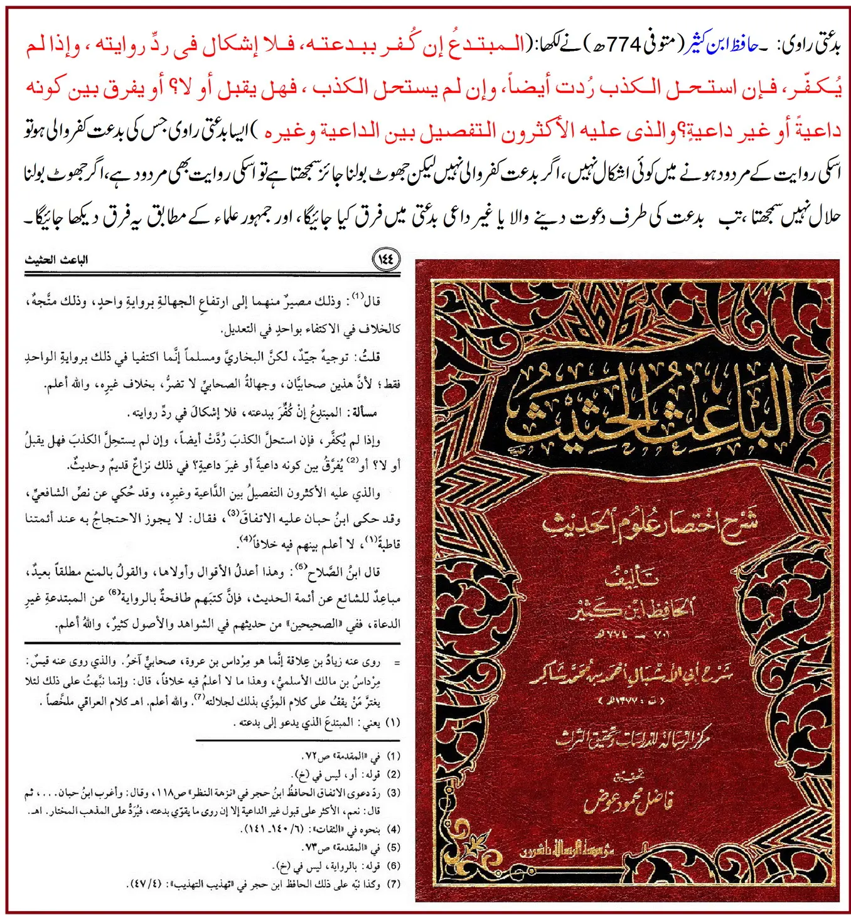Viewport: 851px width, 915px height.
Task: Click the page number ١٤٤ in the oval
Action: tap(386, 259)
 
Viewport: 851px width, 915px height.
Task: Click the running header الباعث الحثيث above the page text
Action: tap(56, 260)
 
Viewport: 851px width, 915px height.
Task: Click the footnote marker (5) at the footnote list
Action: tap(393, 847)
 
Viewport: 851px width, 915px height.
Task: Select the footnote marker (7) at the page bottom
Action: tap(393, 884)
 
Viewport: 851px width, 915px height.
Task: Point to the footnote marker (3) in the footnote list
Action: tap(393, 793)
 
